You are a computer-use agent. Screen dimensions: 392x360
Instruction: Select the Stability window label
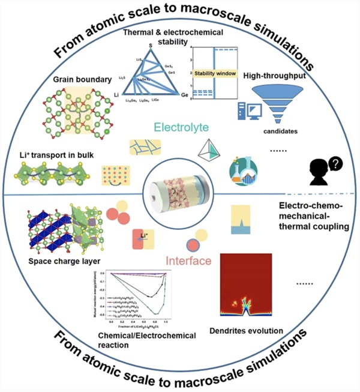tap(215, 73)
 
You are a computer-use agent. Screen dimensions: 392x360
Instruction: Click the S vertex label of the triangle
tap(150, 44)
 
